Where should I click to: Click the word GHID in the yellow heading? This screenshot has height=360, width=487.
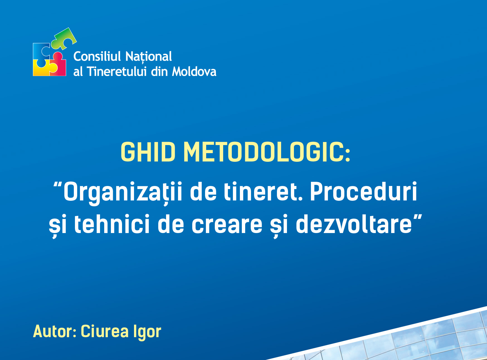coord(148,152)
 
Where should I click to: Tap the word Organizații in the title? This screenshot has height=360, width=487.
coord(123,192)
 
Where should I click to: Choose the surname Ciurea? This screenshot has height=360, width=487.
coord(105,331)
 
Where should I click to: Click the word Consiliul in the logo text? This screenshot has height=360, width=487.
coord(97,56)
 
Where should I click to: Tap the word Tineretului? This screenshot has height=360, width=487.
coord(117,71)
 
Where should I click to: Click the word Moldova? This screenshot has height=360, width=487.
coord(194,71)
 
